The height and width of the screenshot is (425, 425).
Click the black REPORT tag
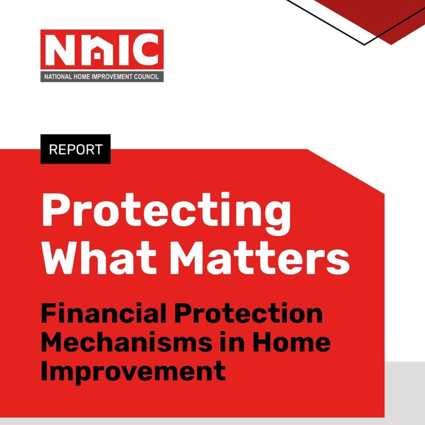tap(76, 149)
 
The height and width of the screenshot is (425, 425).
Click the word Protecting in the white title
tap(166, 213)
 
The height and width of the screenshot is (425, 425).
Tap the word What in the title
tap(99, 256)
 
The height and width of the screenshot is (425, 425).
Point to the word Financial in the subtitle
tap(104, 314)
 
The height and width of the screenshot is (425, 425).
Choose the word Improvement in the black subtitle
tap(133, 371)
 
